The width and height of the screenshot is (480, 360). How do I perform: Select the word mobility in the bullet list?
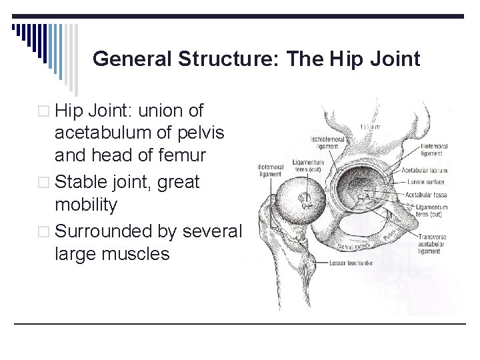(x=86, y=205)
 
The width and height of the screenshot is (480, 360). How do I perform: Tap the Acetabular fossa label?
(x=425, y=195)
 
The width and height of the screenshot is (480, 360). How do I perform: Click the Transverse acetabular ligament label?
(x=433, y=243)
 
